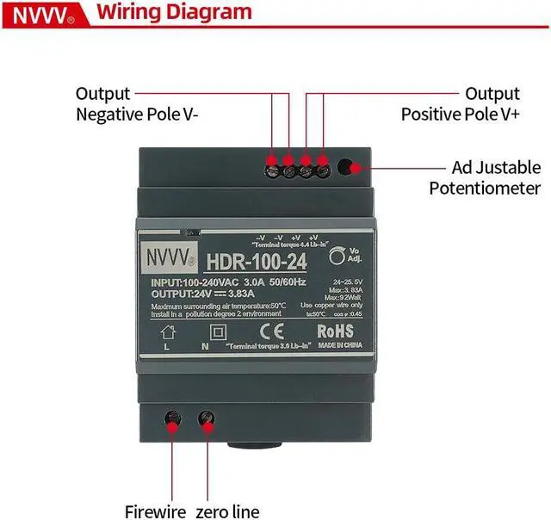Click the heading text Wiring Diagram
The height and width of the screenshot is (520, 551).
[x=175, y=13]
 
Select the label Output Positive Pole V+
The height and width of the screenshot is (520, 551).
[x=461, y=103]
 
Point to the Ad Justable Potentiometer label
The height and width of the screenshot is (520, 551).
[x=485, y=177]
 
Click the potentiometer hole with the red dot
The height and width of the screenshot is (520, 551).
[x=346, y=168]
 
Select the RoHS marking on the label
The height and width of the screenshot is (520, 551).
[x=337, y=331]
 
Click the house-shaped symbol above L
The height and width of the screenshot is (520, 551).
[x=168, y=331]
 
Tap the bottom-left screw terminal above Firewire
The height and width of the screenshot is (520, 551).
[x=173, y=419]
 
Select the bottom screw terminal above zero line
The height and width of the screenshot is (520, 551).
[x=207, y=419]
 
